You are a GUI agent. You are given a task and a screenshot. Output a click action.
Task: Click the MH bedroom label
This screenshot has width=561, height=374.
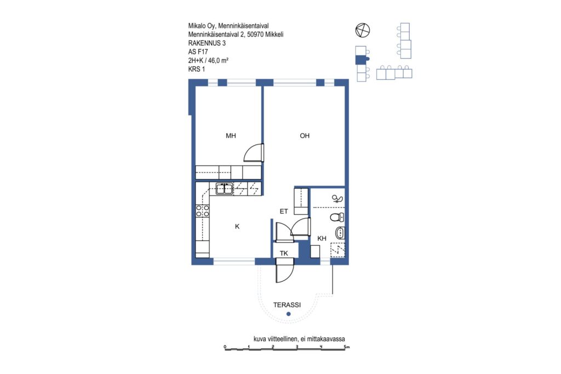231,135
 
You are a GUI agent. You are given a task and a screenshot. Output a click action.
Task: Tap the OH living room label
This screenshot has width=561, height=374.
305,135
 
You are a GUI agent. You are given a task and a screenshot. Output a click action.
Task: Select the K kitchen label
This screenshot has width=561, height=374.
237,226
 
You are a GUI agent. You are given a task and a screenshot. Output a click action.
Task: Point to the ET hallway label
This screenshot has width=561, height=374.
284,211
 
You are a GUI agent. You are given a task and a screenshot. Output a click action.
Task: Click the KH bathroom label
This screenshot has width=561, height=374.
322,238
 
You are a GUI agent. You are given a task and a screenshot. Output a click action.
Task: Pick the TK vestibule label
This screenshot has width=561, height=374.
284,253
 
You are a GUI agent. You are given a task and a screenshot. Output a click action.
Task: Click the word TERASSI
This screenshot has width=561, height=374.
287,305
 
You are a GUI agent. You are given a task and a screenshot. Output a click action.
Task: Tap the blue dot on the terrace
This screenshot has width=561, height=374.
288,314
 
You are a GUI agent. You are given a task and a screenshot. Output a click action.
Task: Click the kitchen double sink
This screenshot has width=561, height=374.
224,188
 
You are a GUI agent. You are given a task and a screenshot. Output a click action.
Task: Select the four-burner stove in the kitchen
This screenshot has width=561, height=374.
203,211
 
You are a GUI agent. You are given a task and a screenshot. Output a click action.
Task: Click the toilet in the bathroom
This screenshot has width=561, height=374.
337,217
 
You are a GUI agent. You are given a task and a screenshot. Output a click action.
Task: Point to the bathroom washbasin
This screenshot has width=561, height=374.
340,233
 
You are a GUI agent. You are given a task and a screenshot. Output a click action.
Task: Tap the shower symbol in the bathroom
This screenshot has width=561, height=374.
337,198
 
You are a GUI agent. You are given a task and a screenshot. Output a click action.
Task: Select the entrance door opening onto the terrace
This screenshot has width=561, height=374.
285,273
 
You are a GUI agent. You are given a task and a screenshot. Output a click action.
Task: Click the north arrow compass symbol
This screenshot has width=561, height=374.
363,30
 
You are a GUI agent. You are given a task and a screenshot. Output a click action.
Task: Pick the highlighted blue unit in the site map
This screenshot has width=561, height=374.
362,59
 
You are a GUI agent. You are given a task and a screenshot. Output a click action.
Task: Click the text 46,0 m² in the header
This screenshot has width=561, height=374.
218,60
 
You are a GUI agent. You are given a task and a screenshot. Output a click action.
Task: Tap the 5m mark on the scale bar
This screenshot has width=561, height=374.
346,347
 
